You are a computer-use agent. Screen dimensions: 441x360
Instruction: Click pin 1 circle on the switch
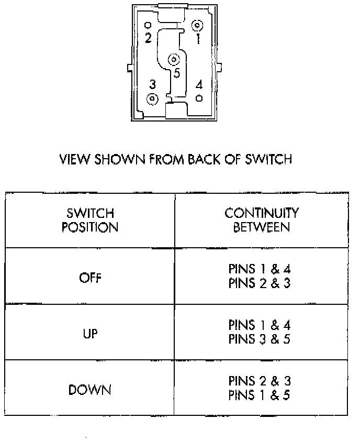coord(197,25)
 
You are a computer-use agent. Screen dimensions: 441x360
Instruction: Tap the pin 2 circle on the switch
coord(148,25)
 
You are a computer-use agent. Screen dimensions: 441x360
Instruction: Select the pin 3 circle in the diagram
coord(152,98)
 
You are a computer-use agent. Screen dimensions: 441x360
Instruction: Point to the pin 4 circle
coord(199,98)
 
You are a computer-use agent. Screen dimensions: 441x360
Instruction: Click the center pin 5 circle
coord(174,60)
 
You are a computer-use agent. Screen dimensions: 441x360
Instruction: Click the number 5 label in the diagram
coord(177,73)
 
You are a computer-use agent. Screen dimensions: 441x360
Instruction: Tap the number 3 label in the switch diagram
coord(152,84)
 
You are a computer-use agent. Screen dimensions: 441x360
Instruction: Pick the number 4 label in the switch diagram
coord(199,85)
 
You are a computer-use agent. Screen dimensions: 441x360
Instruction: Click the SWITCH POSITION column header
coord(90,220)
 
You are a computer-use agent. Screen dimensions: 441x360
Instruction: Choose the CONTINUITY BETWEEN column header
coord(261,220)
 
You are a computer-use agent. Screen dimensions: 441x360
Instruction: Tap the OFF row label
coord(90,278)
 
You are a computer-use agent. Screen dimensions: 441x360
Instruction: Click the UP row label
coord(90,334)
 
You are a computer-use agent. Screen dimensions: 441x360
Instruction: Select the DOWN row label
coord(90,390)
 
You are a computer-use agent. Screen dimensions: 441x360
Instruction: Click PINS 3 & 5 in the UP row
coord(260,339)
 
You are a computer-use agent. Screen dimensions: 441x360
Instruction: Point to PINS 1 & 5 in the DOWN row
coord(260,396)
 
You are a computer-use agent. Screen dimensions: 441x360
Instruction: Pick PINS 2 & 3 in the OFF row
coord(260,283)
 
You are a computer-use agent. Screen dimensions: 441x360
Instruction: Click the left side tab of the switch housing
coord(130,68)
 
